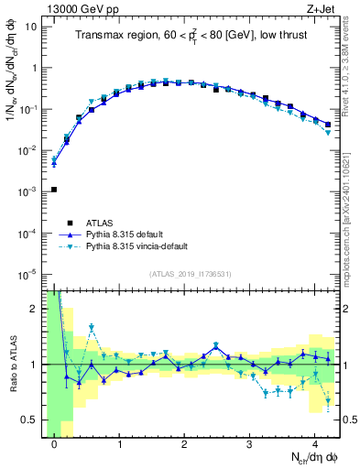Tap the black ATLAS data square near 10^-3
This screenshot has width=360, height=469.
54,190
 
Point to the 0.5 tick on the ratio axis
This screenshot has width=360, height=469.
30,420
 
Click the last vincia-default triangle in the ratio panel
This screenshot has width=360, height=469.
328,400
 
